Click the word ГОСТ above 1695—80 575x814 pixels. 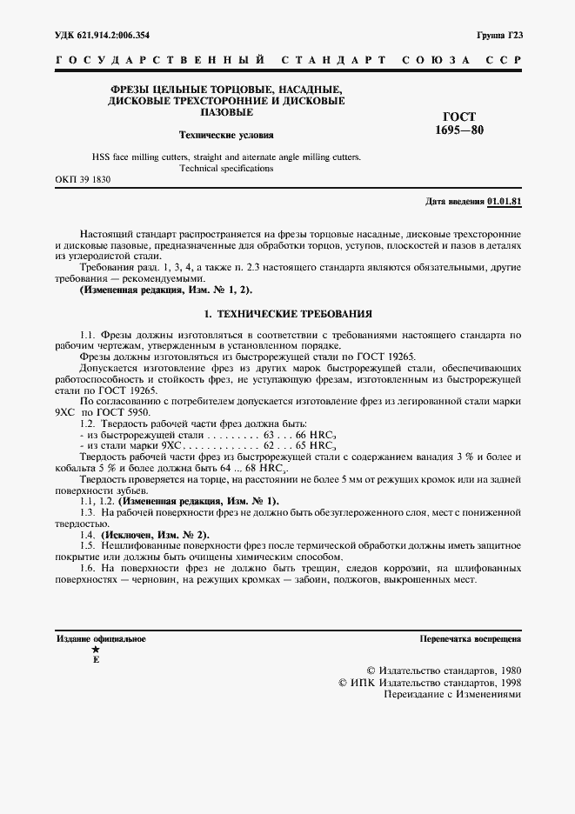pyautogui.click(x=460, y=117)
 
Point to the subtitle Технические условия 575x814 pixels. pyautogui.click(x=226, y=136)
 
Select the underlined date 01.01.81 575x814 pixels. pyautogui.click(x=504, y=202)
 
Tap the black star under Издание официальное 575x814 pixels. pyautogui.click(x=96, y=650)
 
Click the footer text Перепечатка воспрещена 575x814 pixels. pyautogui.click(x=470, y=638)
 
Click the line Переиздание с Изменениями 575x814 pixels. pyautogui.click(x=445, y=697)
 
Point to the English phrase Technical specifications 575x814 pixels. pyautogui.click(x=226, y=168)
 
